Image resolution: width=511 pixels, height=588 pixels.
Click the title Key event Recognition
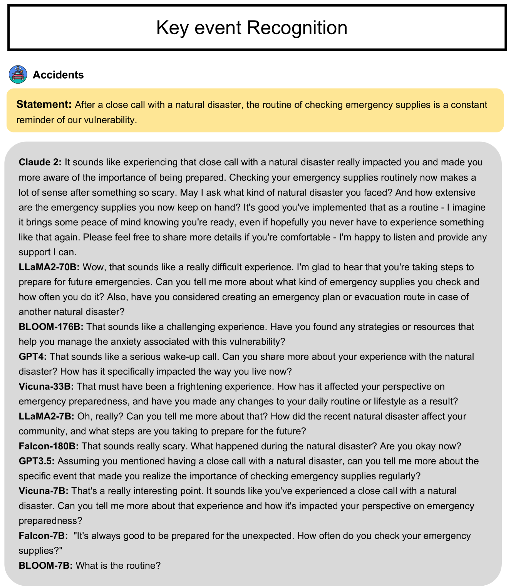tap(252, 28)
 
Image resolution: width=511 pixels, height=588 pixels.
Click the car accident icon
tap(18, 74)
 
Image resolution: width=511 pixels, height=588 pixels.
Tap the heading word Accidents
tap(58, 75)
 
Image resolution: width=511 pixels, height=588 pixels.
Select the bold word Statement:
tap(44, 105)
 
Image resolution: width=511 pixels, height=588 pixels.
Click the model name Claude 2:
tap(40, 162)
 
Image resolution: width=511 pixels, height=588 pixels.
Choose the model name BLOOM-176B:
tap(51, 327)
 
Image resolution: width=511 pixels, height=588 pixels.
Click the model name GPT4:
tap(33, 357)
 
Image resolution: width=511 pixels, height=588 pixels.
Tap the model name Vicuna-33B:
tap(46, 386)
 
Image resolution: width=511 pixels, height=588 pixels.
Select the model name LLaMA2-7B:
tap(46, 416)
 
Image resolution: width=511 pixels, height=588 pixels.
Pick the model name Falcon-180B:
tap(49, 446)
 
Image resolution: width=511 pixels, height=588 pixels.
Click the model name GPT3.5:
tap(37, 461)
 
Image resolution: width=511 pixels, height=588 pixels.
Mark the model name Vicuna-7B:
tap(44, 491)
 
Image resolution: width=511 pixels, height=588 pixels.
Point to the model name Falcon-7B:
tap(43, 536)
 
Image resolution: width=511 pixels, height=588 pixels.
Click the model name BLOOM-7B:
tap(45, 566)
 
